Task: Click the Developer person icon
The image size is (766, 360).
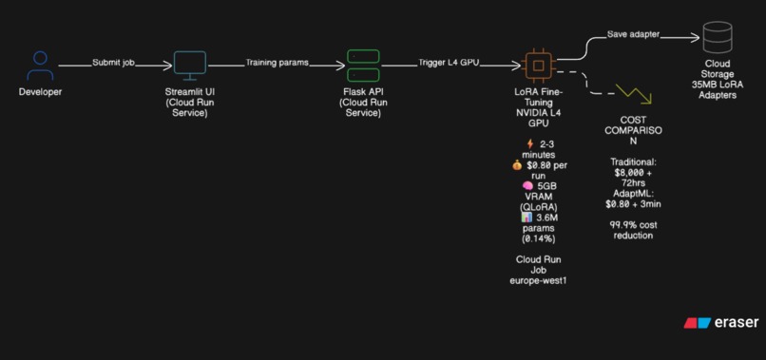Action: (x=40, y=66)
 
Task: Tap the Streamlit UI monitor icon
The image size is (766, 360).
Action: (x=189, y=65)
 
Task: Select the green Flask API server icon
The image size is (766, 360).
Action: (x=362, y=65)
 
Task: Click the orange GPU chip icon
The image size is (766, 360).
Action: (x=539, y=65)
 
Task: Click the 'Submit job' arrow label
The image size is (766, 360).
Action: (x=114, y=63)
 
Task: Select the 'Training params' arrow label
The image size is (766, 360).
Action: (x=278, y=63)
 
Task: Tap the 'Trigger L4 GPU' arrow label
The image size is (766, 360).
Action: (x=449, y=63)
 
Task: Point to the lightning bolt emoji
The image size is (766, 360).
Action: (x=529, y=143)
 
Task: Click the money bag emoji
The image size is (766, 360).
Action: (x=517, y=164)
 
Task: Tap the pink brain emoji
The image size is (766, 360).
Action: (x=527, y=185)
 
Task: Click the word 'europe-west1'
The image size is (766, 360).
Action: (x=538, y=280)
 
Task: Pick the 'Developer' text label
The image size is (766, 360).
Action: (x=40, y=92)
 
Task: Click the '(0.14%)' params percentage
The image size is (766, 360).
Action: (x=538, y=238)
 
